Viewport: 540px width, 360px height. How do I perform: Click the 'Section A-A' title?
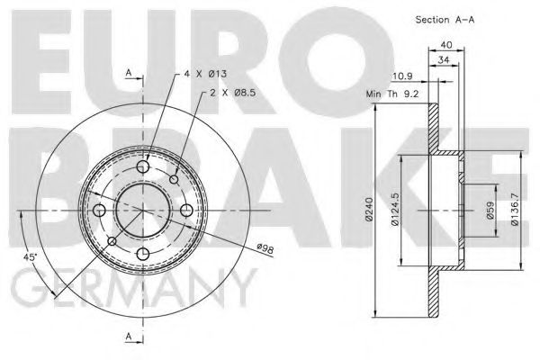click(445, 19)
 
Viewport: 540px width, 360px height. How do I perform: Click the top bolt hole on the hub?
click(142, 166)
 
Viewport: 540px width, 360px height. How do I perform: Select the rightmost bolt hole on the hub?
click(185, 211)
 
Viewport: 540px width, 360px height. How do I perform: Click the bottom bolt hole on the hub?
click(142, 255)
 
